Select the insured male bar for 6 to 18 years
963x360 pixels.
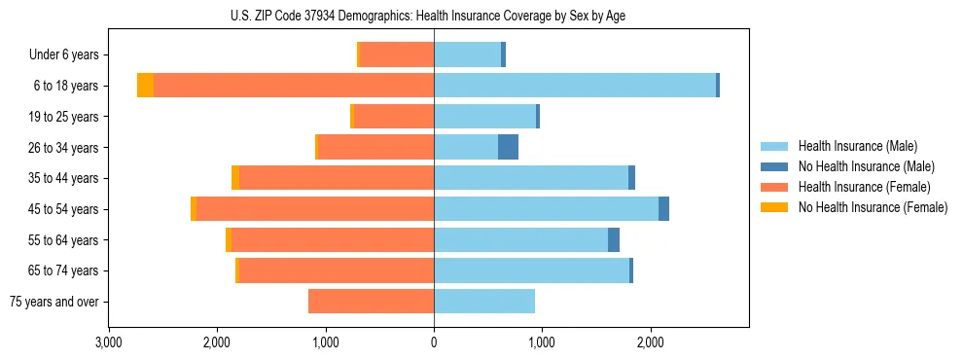[x=575, y=86]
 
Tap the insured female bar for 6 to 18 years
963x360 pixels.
[x=294, y=86]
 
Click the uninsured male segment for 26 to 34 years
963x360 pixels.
[x=508, y=147]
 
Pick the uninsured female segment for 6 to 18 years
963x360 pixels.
[x=145, y=86]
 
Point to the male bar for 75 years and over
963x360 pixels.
[x=484, y=302]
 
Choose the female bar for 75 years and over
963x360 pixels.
[x=371, y=302]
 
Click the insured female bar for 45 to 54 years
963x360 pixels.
[x=315, y=208]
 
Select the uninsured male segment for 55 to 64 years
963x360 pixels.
[x=614, y=239]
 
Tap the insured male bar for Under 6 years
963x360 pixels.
[x=467, y=54]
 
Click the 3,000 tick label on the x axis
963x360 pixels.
[x=108, y=342]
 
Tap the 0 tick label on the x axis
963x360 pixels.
[x=434, y=342]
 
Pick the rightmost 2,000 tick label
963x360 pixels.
[x=651, y=342]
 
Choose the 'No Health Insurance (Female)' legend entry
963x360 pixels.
[x=873, y=207]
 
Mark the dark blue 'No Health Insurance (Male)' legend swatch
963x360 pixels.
[x=774, y=166]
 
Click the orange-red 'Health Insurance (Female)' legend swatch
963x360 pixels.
[x=774, y=187]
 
